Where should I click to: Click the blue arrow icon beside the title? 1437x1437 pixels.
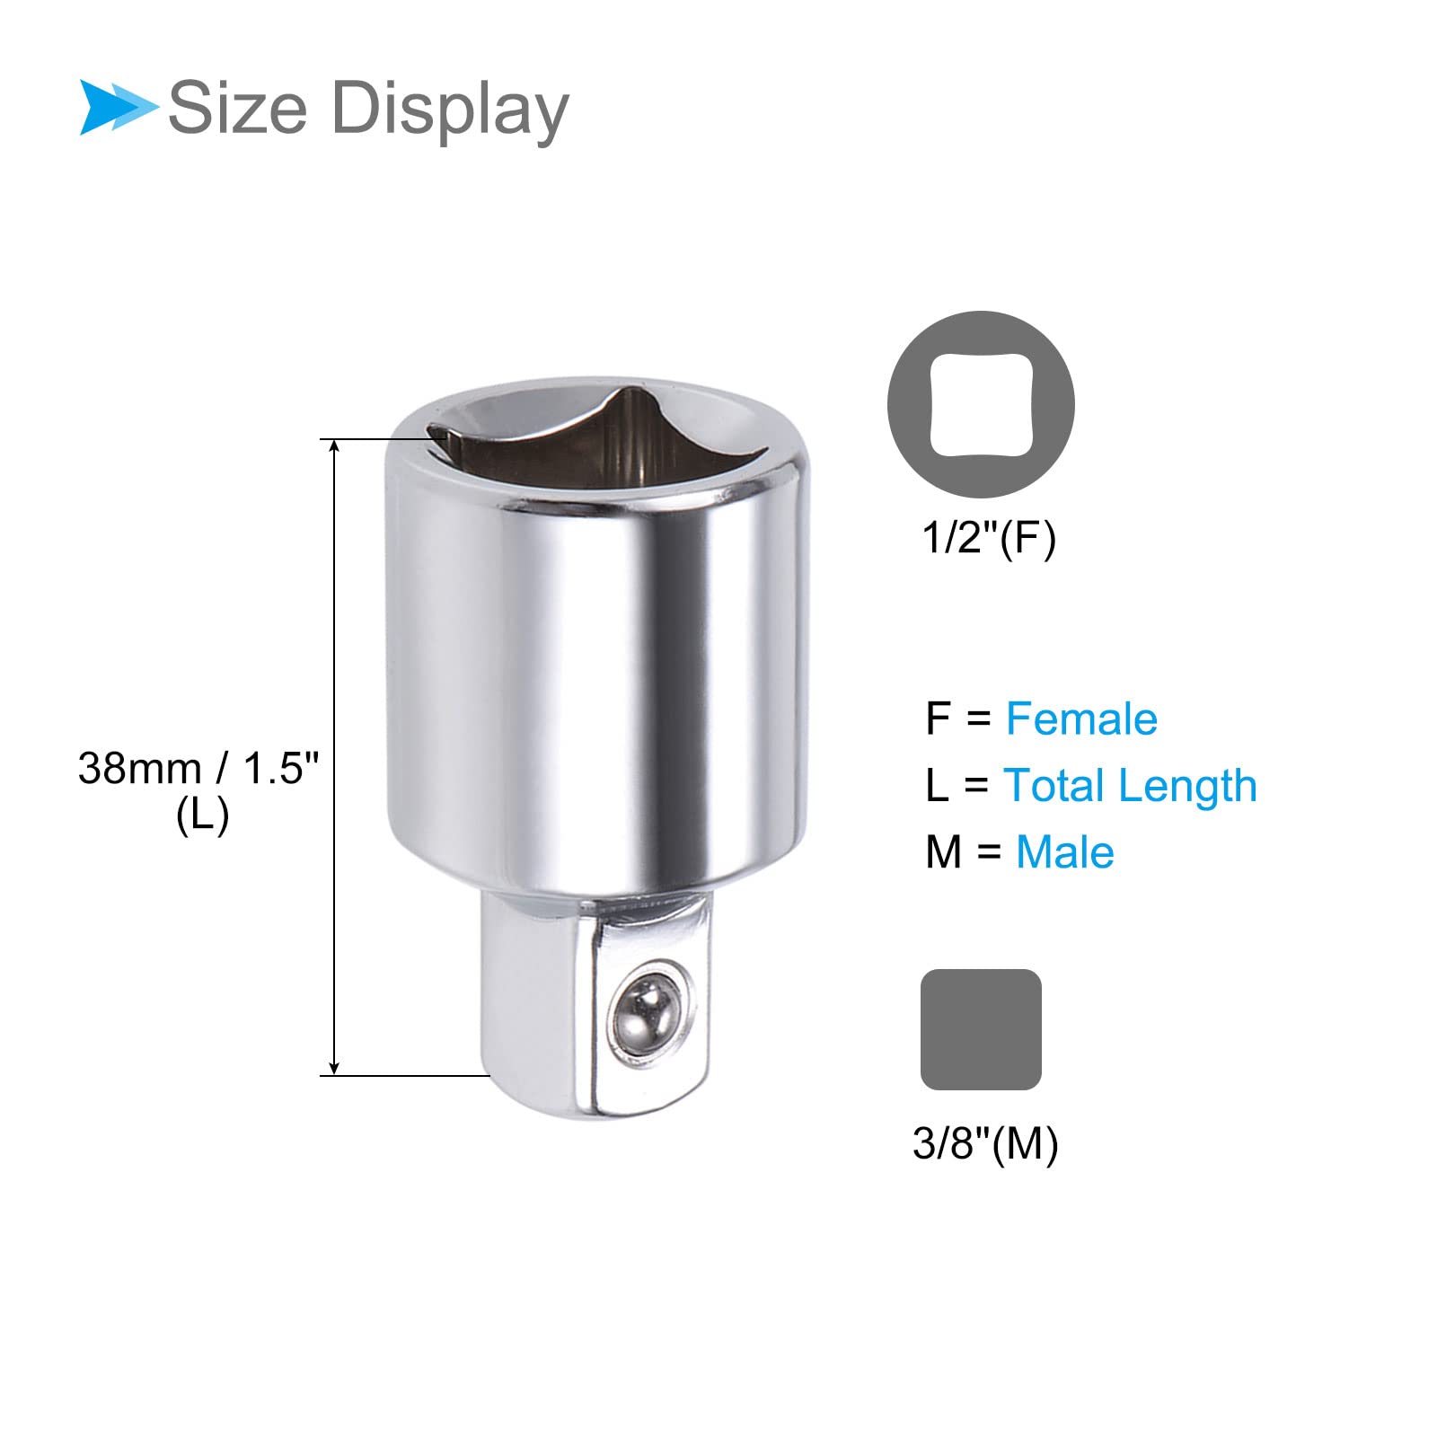pyautogui.click(x=117, y=108)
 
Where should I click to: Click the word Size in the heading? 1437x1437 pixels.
pyautogui.click(x=238, y=108)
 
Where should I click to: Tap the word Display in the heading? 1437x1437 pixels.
pyautogui.click(x=451, y=110)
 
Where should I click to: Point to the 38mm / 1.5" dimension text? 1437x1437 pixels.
pyautogui.click(x=198, y=769)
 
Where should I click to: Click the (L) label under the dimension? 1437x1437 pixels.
pyautogui.click(x=203, y=815)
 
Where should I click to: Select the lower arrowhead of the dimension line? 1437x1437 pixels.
pyautogui.click(x=334, y=1066)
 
